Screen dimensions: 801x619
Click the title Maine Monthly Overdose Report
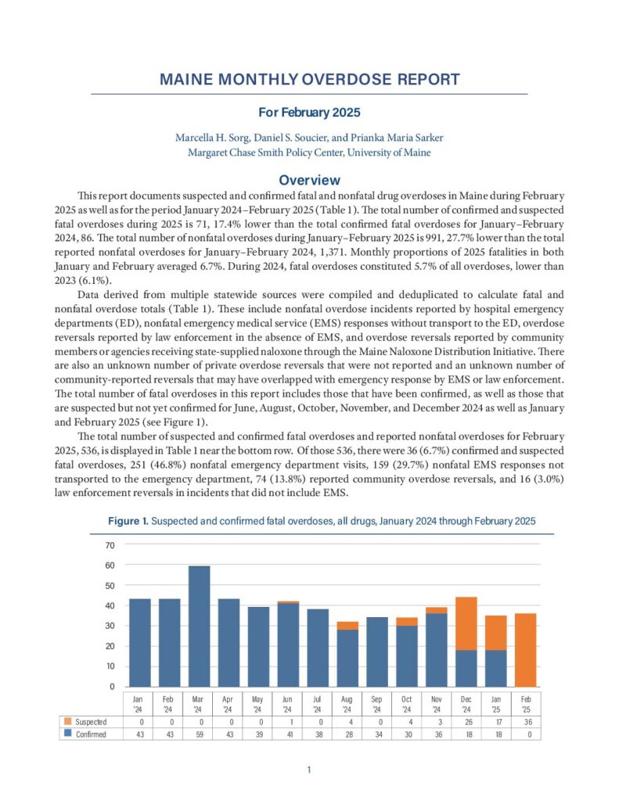(309, 80)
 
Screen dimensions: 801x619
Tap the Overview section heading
(309, 180)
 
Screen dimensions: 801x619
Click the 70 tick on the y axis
(110, 545)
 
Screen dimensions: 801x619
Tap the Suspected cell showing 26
(466, 721)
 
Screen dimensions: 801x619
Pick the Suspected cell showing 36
(526, 721)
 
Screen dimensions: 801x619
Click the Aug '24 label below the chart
(347, 703)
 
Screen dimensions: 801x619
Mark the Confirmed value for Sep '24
(377, 734)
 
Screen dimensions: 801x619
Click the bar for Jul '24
(318, 648)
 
